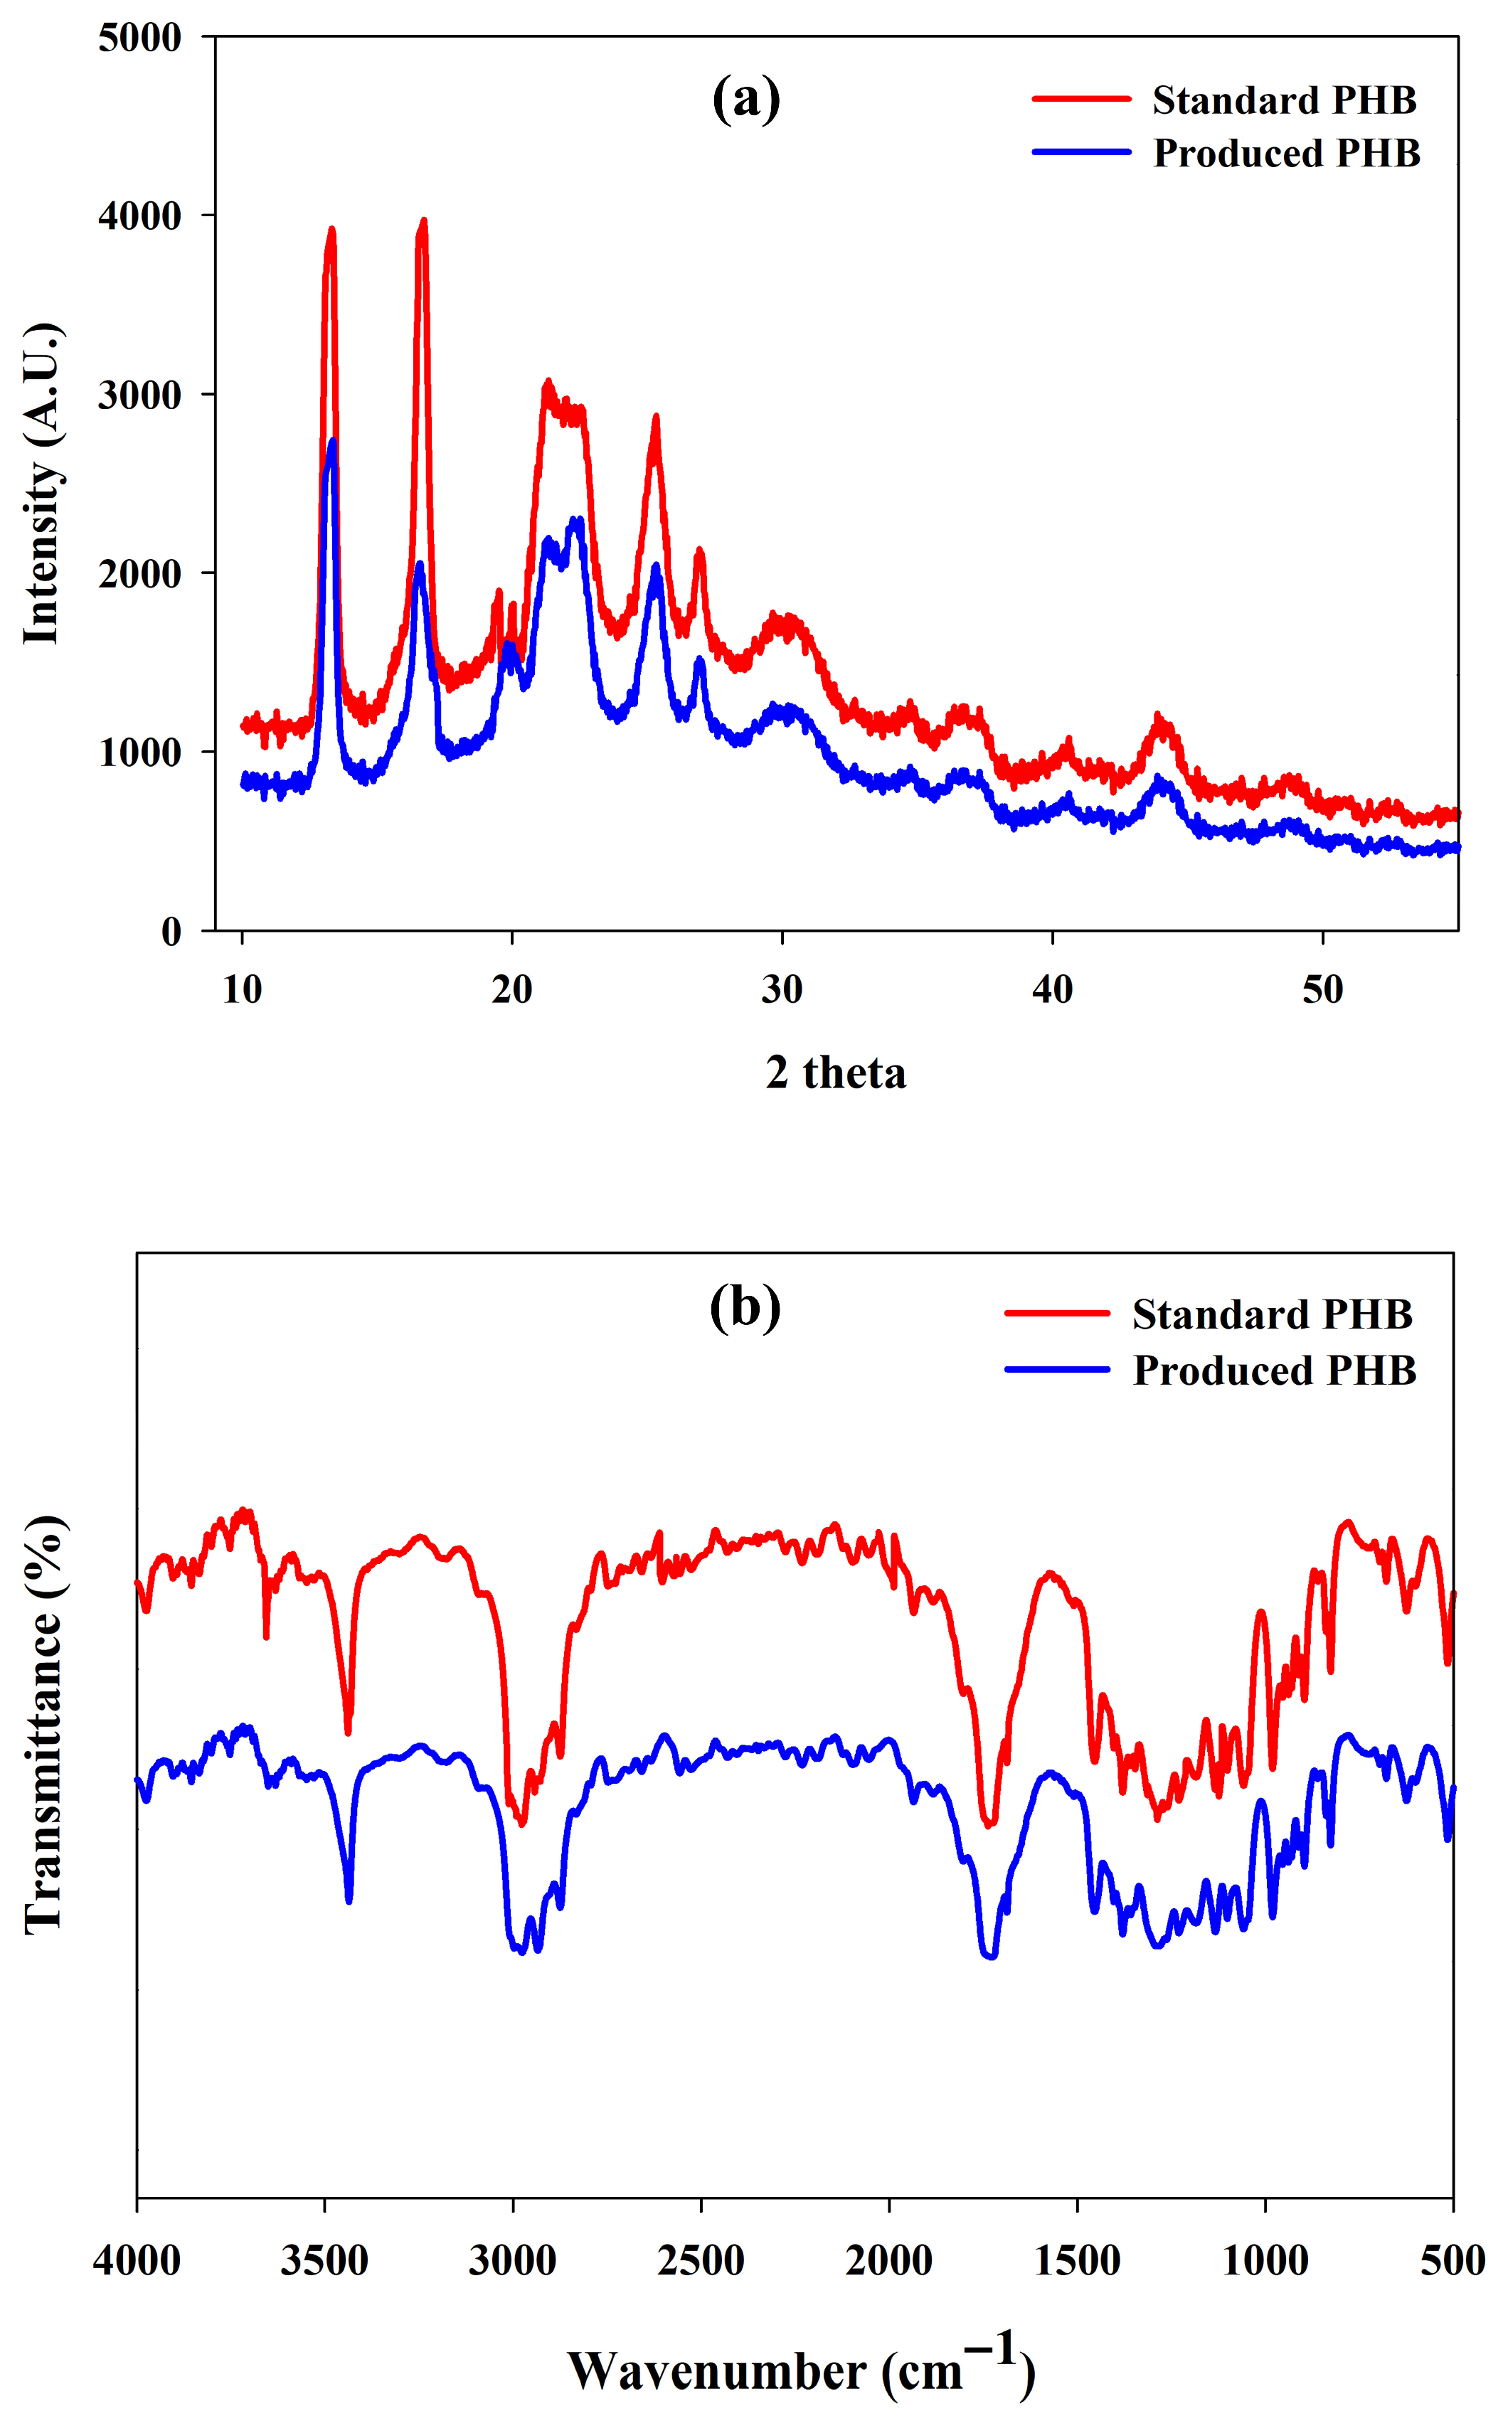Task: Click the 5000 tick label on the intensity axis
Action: pos(140,38)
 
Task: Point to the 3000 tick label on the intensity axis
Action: pos(140,395)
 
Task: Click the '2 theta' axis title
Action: pos(836,1073)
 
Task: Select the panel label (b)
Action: pos(745,1308)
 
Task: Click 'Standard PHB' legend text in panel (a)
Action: pos(1285,100)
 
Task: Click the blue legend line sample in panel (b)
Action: pos(1057,1370)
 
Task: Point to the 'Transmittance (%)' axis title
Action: pos(43,1724)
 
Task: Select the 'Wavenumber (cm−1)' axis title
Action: pos(801,2368)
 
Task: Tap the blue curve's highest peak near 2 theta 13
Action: pos(332,440)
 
